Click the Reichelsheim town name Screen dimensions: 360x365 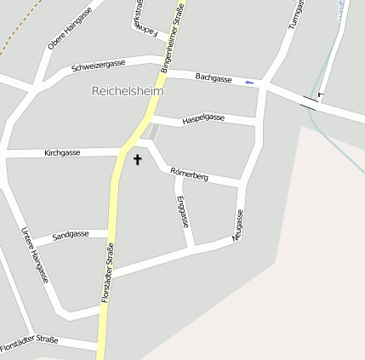(127, 90)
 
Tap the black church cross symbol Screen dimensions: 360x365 (137, 158)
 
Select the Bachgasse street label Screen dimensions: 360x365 (213, 77)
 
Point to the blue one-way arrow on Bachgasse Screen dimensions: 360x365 (248, 83)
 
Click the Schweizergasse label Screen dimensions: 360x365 (99, 65)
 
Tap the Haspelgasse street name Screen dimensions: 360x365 (203, 119)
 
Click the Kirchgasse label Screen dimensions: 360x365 (62, 152)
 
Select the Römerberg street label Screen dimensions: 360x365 (190, 174)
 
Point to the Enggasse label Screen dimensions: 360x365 (182, 211)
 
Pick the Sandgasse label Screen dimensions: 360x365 (71, 234)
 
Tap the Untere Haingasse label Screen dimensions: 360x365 (34, 254)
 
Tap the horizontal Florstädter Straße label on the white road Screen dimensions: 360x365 (29, 345)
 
